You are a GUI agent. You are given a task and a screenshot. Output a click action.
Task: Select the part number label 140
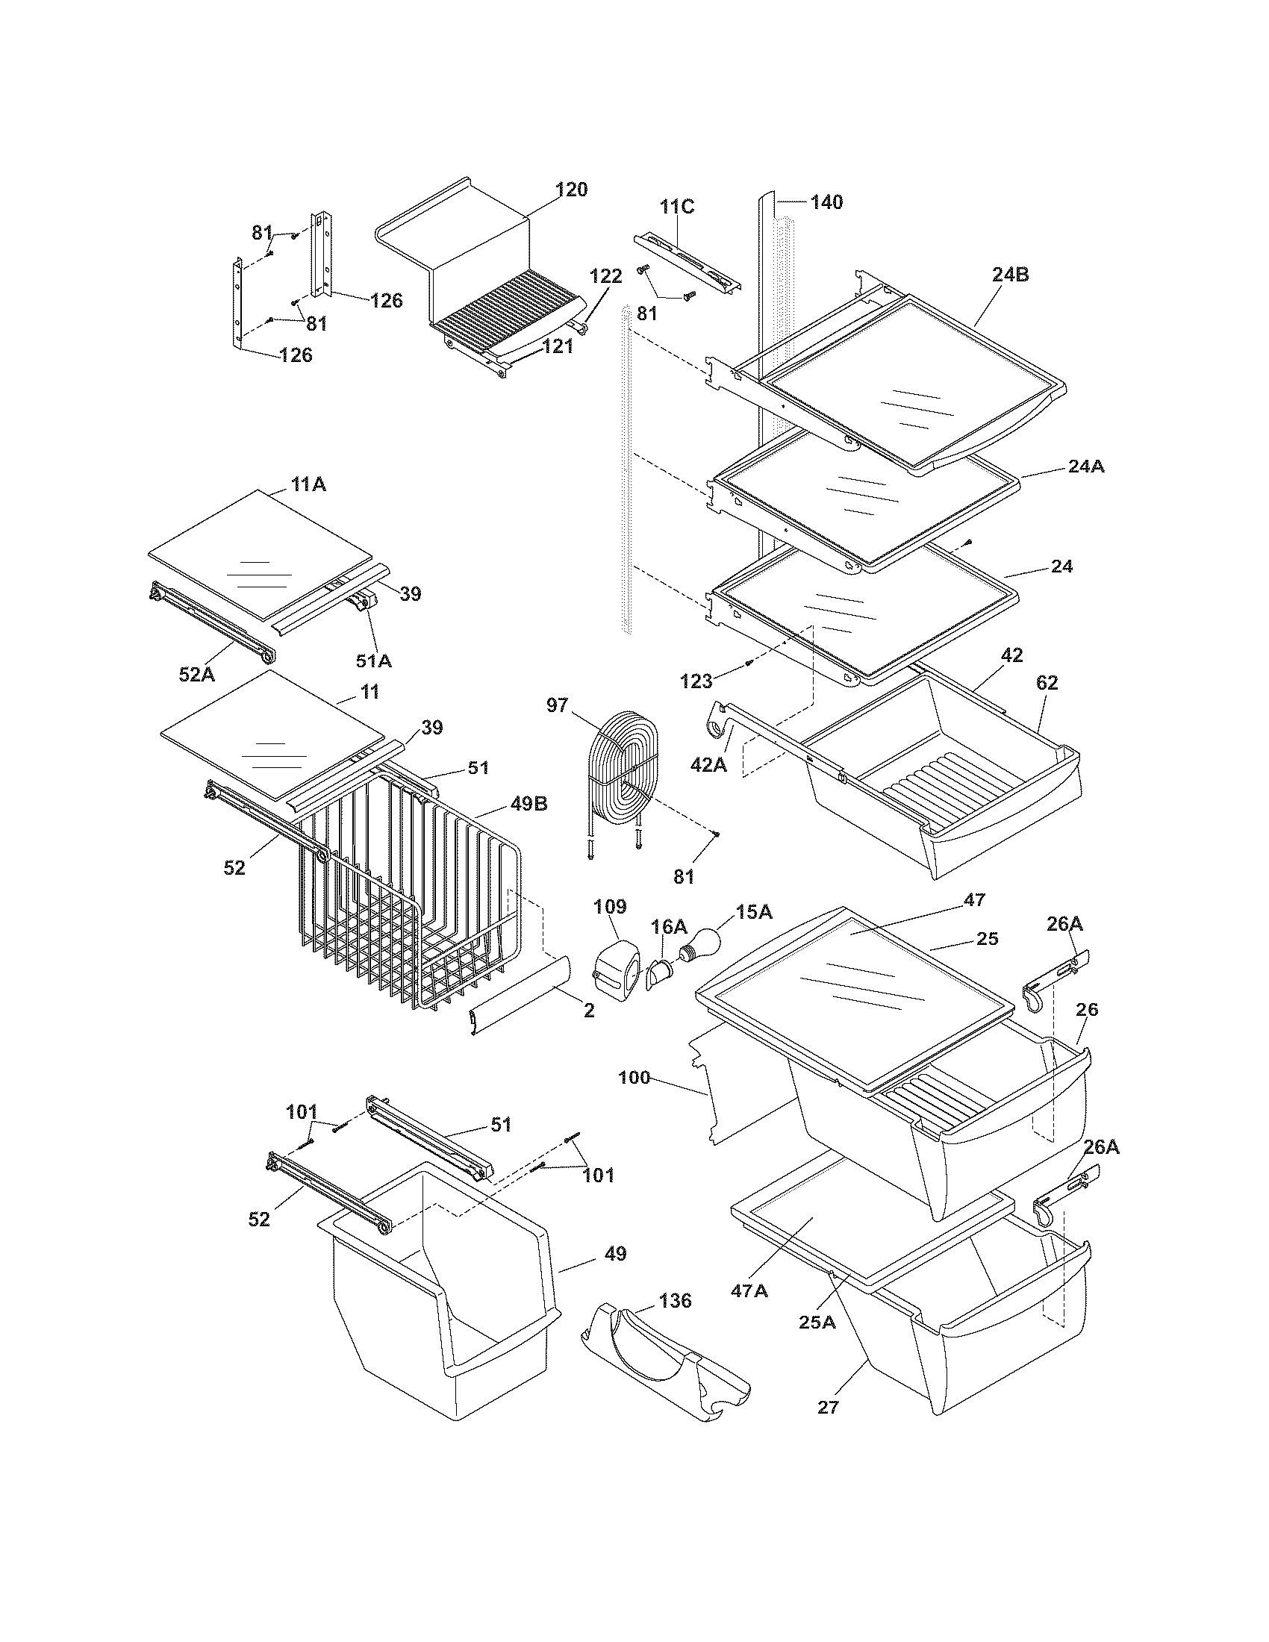(826, 202)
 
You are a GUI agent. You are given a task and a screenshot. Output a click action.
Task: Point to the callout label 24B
(1010, 275)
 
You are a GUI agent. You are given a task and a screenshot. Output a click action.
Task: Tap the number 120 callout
(571, 190)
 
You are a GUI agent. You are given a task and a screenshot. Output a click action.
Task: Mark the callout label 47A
(749, 1291)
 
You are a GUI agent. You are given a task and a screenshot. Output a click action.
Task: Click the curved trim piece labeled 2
(519, 996)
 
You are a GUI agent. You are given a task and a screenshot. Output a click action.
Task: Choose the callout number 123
(696, 682)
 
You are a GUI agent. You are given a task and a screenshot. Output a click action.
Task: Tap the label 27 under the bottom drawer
(828, 1408)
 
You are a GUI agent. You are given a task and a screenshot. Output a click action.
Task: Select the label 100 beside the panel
(634, 1077)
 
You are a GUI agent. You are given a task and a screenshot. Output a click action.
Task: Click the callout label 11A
(308, 485)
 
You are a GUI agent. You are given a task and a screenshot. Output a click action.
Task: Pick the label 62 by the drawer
(1047, 683)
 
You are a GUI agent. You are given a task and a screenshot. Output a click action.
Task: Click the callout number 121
(558, 346)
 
